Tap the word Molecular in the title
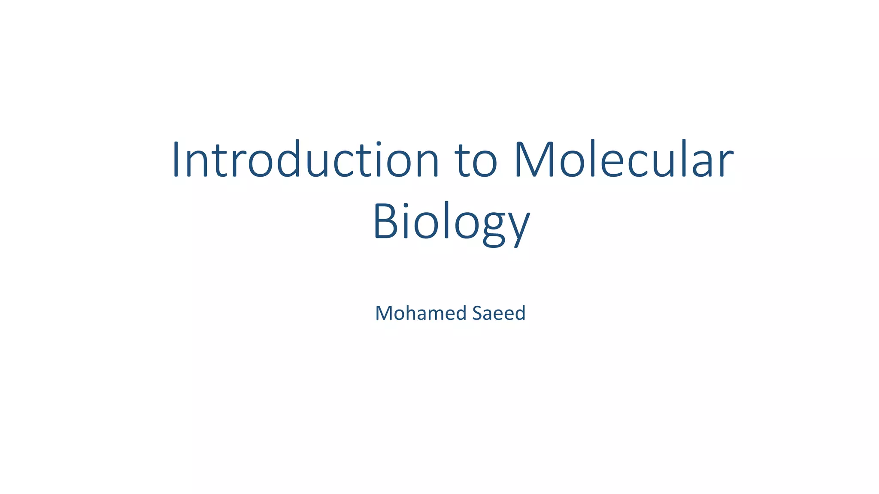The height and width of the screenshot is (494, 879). click(624, 160)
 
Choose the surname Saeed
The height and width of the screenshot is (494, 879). click(499, 313)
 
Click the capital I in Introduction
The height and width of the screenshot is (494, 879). click(175, 160)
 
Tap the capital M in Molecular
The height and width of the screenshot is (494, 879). click(533, 160)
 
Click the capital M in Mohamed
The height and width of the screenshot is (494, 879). click(384, 313)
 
